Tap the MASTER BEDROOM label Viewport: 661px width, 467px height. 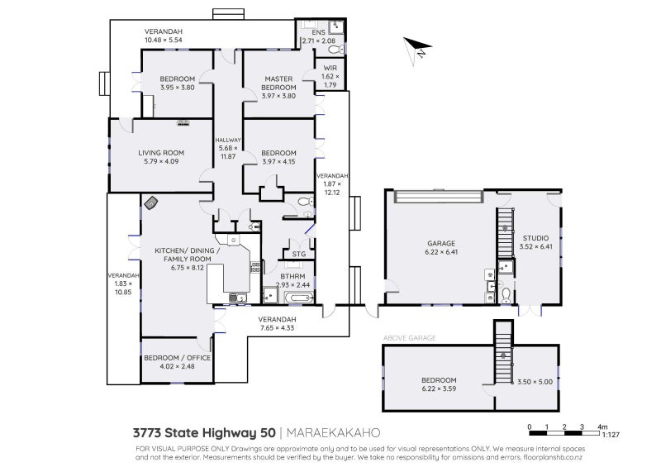point(278,83)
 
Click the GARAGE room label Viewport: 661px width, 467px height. point(440,243)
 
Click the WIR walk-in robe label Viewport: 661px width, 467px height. point(330,69)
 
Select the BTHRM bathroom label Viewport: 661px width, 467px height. point(292,277)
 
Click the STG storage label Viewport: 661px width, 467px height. point(298,255)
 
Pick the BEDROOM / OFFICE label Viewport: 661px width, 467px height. point(177,357)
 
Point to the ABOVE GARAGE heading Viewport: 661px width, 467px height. point(409,338)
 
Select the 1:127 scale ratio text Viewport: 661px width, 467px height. point(611,433)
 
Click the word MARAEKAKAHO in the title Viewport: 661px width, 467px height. point(335,432)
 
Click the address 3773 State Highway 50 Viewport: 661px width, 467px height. point(204,432)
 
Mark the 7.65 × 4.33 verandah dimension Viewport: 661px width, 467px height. point(277,328)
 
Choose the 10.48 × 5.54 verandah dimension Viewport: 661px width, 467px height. point(163,40)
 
